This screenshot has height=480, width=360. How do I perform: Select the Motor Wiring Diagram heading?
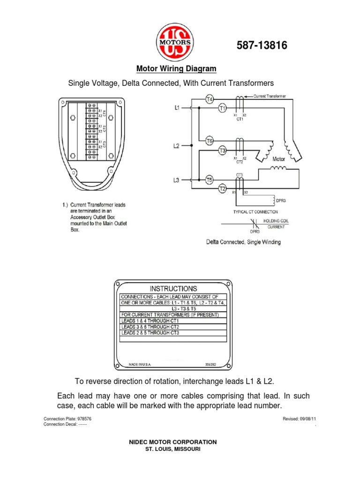tap(176, 69)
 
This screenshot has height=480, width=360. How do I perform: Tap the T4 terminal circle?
tap(210, 99)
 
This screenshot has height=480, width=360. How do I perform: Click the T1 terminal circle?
tap(223, 108)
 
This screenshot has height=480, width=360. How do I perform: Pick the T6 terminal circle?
tap(210, 140)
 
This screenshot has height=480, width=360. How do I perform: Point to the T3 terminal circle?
tap(223, 150)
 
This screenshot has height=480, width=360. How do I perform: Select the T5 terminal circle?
tap(210, 179)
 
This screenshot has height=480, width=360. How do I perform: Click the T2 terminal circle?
tap(223, 188)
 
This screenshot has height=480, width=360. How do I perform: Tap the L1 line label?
tap(177, 108)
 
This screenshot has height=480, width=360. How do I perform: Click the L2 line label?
tap(176, 146)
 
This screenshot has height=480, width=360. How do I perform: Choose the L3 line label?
tap(176, 180)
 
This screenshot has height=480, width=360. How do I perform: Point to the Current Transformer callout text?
tap(270, 97)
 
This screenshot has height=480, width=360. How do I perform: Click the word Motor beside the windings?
tap(279, 159)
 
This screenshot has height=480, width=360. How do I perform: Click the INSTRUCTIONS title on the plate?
tap(173, 289)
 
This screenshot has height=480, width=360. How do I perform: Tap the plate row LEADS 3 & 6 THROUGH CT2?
tap(150, 327)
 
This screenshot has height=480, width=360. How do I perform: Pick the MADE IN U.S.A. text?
tap(140, 363)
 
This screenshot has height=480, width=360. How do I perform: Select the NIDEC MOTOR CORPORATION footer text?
tap(173, 442)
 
